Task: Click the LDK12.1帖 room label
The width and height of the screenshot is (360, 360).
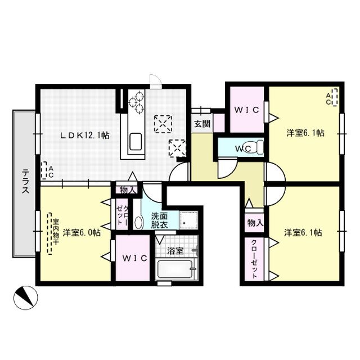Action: click(x=84, y=136)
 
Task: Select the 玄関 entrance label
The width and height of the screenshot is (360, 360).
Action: click(x=202, y=124)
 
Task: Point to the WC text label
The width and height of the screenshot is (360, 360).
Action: click(x=243, y=148)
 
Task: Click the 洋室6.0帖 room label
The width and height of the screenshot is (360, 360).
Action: click(x=82, y=232)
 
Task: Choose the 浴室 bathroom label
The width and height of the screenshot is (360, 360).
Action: click(x=176, y=251)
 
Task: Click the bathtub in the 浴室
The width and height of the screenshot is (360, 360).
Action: click(x=176, y=271)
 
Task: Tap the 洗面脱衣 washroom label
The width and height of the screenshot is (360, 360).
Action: click(x=159, y=219)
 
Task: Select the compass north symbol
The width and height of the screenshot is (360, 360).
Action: click(x=23, y=296)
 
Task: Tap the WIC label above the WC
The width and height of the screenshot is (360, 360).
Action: click(x=247, y=110)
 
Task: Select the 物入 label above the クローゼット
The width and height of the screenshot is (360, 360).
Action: click(x=255, y=223)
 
